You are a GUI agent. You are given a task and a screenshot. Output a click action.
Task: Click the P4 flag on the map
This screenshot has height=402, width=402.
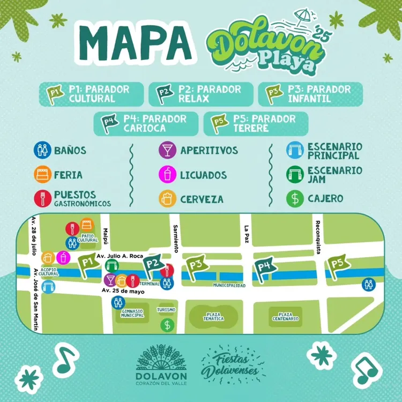coord(264,268)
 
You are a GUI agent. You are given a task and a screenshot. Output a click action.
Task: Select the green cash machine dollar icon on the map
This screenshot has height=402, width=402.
coord(167,324)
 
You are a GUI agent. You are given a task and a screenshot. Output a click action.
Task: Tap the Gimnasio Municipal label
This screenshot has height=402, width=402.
coord(132,313)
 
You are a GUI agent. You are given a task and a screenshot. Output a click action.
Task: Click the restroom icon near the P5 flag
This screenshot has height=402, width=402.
coord(368,284)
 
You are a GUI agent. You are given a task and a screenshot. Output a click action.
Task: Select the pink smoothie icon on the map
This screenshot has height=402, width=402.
coord(64,257)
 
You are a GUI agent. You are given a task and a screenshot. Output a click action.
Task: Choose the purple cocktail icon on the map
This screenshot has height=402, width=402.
coord(110,280)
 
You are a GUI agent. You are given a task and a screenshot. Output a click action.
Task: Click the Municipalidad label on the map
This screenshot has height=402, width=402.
coord(229,286)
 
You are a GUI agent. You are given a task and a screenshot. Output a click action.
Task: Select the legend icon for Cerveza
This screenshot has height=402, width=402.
coord(167,198)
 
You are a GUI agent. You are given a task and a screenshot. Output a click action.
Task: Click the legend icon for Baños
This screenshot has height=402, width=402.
coord(42,150)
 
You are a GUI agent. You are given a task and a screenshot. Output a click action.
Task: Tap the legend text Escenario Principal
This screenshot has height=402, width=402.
coord(334,151)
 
